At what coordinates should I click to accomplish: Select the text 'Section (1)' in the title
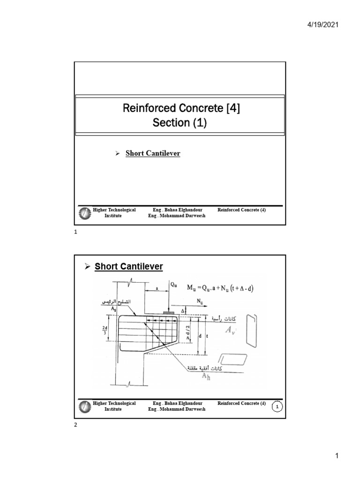pos(180,123)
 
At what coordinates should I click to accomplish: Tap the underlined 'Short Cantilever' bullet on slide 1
pos(153,154)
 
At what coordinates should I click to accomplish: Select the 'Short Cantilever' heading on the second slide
pos(128,267)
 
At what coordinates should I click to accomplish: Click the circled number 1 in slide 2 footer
pos(277,407)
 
